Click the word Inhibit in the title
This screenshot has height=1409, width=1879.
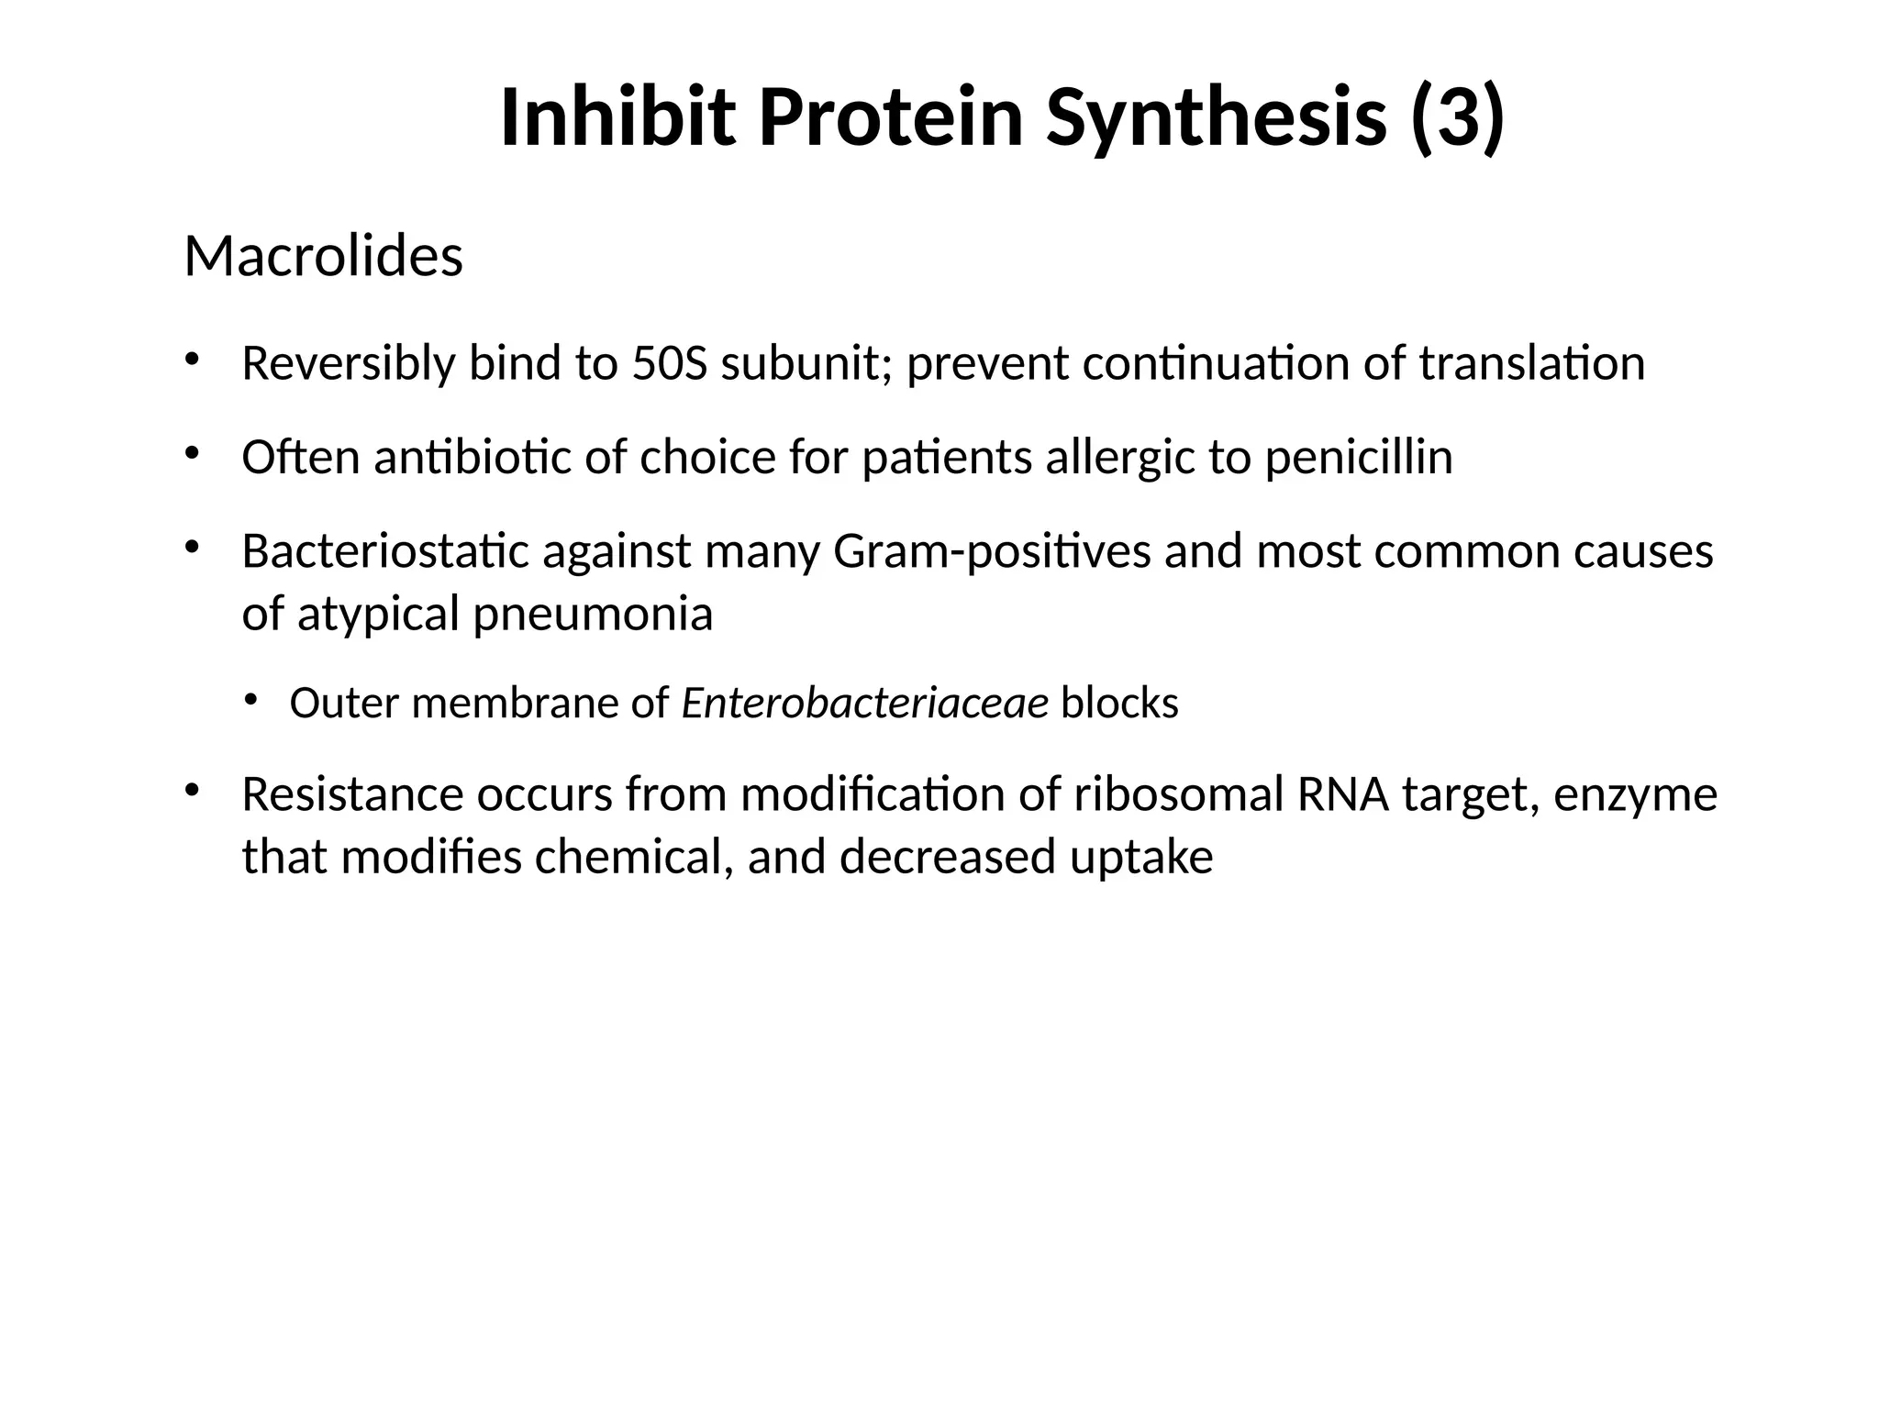617,117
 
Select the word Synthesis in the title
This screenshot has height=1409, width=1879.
1216,117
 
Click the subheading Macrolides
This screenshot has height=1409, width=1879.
323,256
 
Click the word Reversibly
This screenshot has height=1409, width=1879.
348,363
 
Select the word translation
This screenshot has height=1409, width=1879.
1531,363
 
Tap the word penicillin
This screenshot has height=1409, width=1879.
1359,457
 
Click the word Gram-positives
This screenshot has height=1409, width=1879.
992,551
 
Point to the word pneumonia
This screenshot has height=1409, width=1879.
593,614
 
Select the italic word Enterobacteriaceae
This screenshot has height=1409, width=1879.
864,704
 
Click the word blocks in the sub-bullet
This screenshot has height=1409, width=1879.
1119,704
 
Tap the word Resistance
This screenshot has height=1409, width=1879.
352,794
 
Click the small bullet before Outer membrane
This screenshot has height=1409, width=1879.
250,700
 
